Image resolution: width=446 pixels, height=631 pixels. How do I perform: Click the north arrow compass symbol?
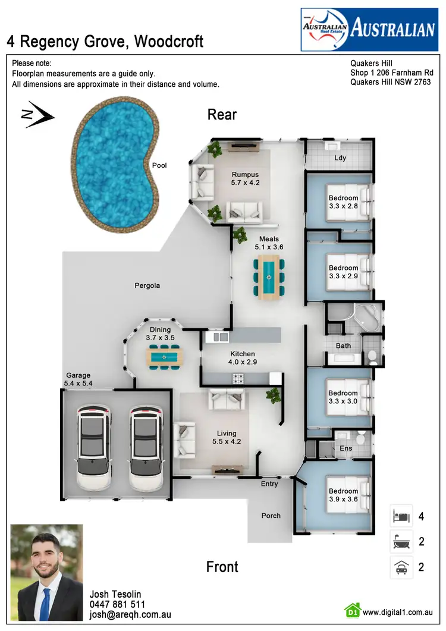click(37, 115)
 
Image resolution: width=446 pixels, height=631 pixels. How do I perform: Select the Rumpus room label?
click(246, 179)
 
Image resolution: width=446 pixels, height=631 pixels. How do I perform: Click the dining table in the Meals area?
click(269, 277)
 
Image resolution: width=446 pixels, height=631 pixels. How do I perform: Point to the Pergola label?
click(147, 285)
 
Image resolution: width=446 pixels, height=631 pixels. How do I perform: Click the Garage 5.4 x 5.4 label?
click(78, 379)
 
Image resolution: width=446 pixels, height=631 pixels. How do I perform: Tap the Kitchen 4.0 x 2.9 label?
click(242, 358)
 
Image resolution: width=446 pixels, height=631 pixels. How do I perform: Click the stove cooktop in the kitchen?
click(238, 378)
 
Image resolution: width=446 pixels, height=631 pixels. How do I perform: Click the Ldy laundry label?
click(340, 158)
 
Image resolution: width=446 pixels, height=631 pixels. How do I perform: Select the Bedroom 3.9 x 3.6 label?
click(343, 495)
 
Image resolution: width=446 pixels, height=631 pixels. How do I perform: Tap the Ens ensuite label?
click(345, 449)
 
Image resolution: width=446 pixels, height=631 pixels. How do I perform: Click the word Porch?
click(271, 516)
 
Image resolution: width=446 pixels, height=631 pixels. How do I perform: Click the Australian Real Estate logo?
click(369, 29)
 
